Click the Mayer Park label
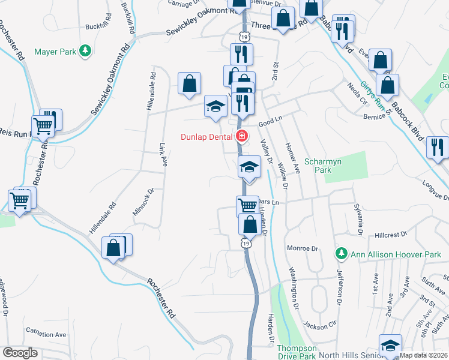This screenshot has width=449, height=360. coord(55,52)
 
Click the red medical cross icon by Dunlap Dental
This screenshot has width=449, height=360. coord(241,137)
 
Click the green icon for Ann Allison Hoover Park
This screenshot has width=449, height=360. coord(341,253)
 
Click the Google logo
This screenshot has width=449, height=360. coord(20,352)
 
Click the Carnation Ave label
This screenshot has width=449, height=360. coord(47,334)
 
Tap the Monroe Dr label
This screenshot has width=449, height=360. coord(302,248)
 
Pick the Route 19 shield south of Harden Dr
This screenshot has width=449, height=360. coord(246,243)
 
